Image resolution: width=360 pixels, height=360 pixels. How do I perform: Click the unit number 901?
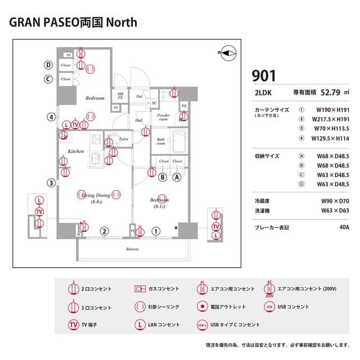[x=264, y=75]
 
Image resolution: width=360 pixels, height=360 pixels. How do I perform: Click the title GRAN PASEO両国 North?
[x=74, y=22]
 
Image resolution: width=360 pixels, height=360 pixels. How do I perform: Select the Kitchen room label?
[x=76, y=151]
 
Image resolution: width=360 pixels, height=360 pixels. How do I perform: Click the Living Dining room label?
[x=95, y=195]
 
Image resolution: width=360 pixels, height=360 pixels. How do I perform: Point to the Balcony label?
[x=132, y=249]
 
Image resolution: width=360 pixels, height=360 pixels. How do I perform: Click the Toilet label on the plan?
[x=124, y=139]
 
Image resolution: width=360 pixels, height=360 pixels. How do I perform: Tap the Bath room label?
[x=161, y=141]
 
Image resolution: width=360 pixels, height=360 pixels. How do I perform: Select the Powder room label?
[x=163, y=117]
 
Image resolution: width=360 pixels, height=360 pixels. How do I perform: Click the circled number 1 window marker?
[x=156, y=230]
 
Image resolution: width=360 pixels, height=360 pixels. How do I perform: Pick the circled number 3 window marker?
[x=51, y=182]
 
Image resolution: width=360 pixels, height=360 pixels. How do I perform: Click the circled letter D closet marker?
[x=49, y=65]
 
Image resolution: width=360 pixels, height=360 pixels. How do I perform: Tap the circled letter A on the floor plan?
[x=177, y=177]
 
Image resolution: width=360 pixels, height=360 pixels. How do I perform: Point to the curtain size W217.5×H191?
[x=331, y=119]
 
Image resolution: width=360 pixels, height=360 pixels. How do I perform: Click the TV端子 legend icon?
[x=73, y=325]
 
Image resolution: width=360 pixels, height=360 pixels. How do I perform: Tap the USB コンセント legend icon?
[x=269, y=307]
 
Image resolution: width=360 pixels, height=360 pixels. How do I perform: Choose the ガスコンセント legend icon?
[x=140, y=289]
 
